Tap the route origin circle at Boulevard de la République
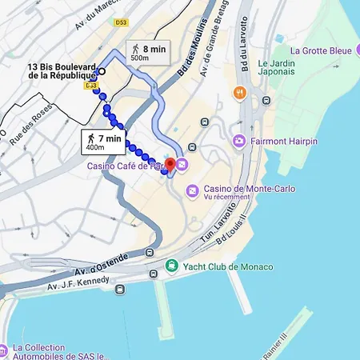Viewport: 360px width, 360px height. [102, 71]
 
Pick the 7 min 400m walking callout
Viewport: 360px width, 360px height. [105, 142]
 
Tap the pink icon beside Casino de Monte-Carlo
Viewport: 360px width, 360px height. [191, 191]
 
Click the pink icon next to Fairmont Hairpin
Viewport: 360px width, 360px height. [238, 142]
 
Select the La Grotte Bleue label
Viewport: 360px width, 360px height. [321, 51]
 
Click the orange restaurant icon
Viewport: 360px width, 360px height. [239, 93]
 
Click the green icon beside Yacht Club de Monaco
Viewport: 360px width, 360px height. [171, 266]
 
